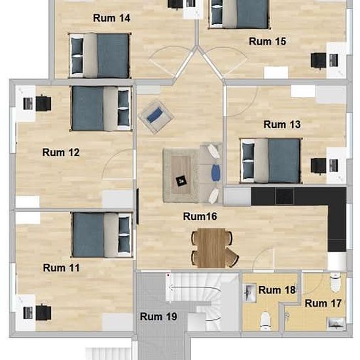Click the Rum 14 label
tap(111, 18)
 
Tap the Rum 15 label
tap(268, 41)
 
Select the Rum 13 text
tap(281, 124)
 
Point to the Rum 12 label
tap(61, 153)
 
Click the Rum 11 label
tap(61, 268)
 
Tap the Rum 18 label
tap(278, 290)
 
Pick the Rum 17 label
tap(324, 303)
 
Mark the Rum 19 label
tap(159, 317)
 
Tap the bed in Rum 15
tap(238, 14)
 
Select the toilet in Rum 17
tap(336, 283)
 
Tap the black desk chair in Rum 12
tap(44, 103)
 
